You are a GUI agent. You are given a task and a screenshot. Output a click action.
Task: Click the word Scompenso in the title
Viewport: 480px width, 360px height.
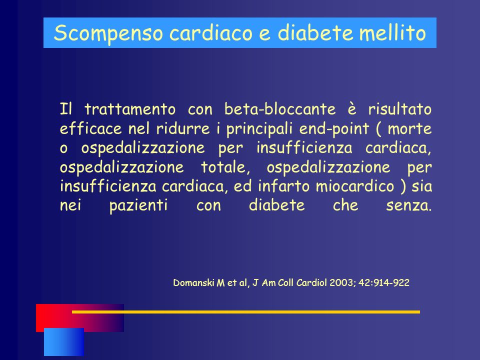[108, 33]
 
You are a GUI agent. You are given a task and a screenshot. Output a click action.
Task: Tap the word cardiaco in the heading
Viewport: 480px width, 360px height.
[211, 32]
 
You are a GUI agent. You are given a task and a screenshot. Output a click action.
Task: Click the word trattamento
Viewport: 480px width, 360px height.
[130, 109]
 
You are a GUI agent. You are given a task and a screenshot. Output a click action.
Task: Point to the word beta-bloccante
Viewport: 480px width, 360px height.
[280, 109]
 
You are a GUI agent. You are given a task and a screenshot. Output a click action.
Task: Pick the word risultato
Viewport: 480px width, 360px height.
[400, 109]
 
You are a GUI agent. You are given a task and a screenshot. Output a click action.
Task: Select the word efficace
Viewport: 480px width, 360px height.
[90, 128]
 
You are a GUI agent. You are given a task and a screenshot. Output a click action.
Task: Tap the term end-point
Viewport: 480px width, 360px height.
[334, 129]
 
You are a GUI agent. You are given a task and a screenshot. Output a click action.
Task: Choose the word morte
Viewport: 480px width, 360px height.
[409, 128]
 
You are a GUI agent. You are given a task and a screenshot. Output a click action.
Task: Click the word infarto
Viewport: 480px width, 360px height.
[283, 186]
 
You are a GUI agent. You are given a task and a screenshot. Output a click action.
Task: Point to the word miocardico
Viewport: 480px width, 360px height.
[355, 186]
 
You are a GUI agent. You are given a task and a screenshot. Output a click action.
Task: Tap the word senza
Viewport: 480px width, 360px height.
[408, 205]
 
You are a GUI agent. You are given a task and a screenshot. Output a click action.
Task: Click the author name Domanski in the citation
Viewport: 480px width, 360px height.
[193, 282]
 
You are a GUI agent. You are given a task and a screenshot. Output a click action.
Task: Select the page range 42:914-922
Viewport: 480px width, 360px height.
[384, 282]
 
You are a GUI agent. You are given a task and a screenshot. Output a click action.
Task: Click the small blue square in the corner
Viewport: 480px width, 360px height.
[64, 342]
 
